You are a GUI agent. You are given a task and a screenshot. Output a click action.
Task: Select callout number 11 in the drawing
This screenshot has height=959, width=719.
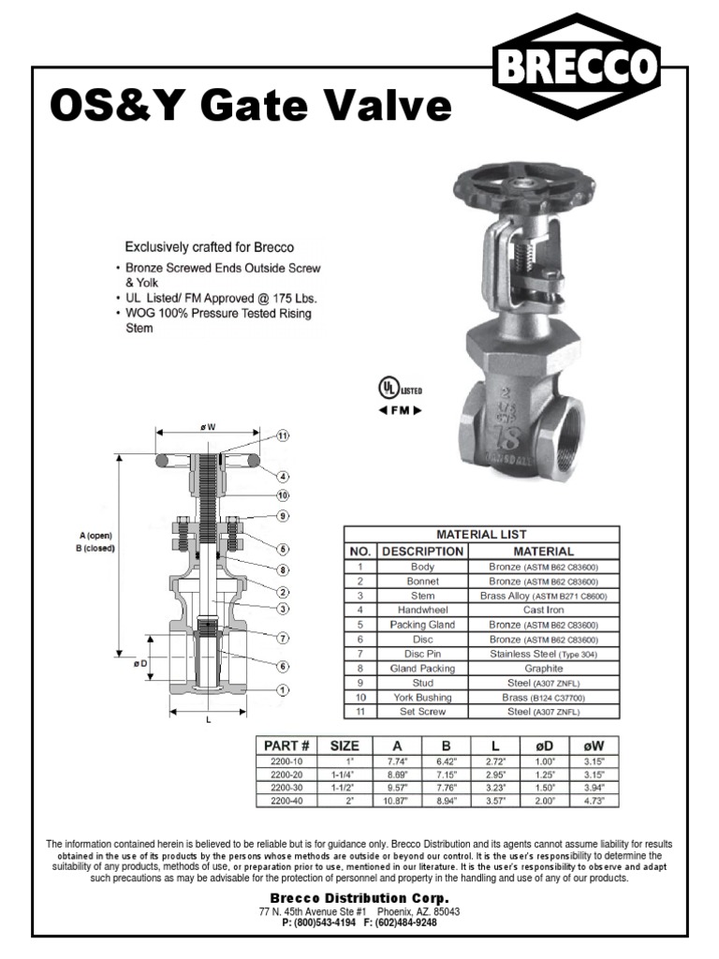(x=282, y=436)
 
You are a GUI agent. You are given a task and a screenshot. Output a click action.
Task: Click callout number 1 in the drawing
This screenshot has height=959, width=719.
(x=282, y=689)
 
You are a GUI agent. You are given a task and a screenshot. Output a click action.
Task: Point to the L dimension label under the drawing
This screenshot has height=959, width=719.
(x=207, y=721)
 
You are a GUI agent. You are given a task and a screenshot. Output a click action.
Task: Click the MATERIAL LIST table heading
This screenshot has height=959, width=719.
(x=483, y=534)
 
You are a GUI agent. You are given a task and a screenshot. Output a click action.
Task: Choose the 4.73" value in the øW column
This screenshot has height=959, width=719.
(x=594, y=801)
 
